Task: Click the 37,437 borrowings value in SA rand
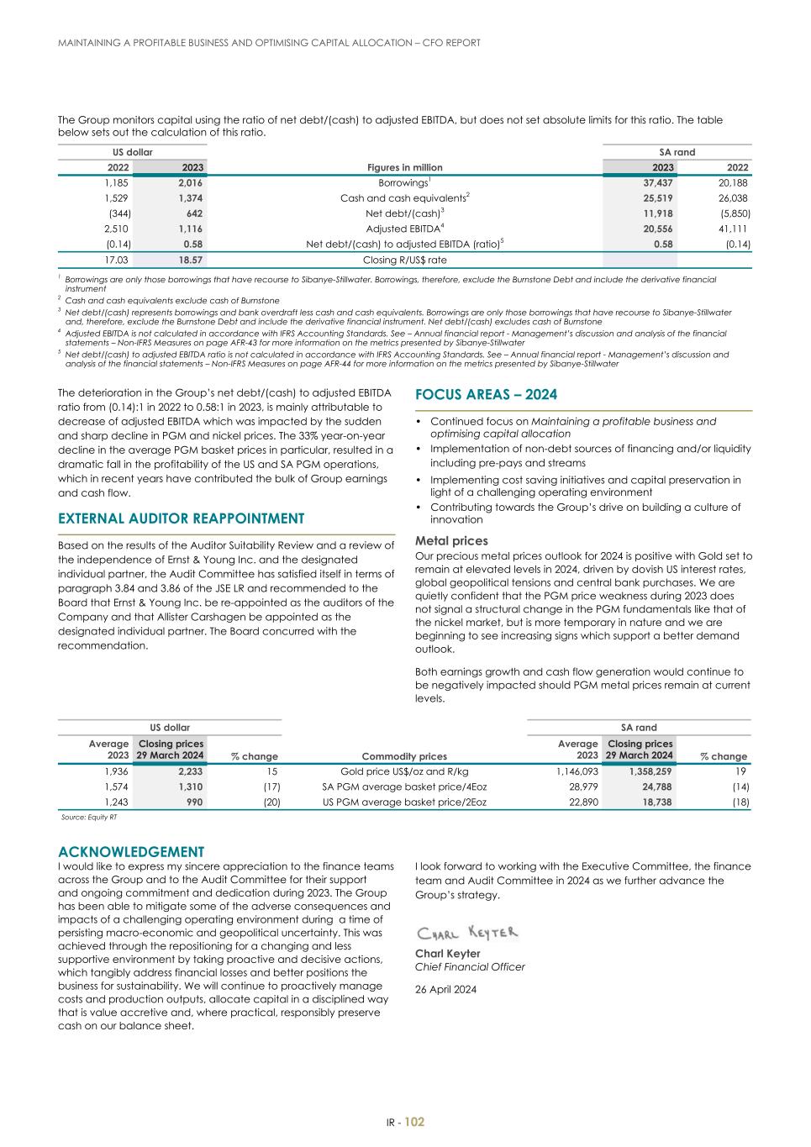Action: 657,182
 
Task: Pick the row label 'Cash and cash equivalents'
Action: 404,198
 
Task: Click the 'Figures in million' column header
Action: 404,167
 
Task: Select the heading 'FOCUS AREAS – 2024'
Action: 486,395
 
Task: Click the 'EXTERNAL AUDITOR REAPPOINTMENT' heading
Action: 181,518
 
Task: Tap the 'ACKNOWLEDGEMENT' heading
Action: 131,852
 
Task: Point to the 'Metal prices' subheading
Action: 451,541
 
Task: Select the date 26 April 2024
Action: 445,989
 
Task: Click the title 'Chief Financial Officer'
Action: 470,966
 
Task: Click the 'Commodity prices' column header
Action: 404,756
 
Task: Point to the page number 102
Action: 414,1122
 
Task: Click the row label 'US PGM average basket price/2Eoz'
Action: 404,802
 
